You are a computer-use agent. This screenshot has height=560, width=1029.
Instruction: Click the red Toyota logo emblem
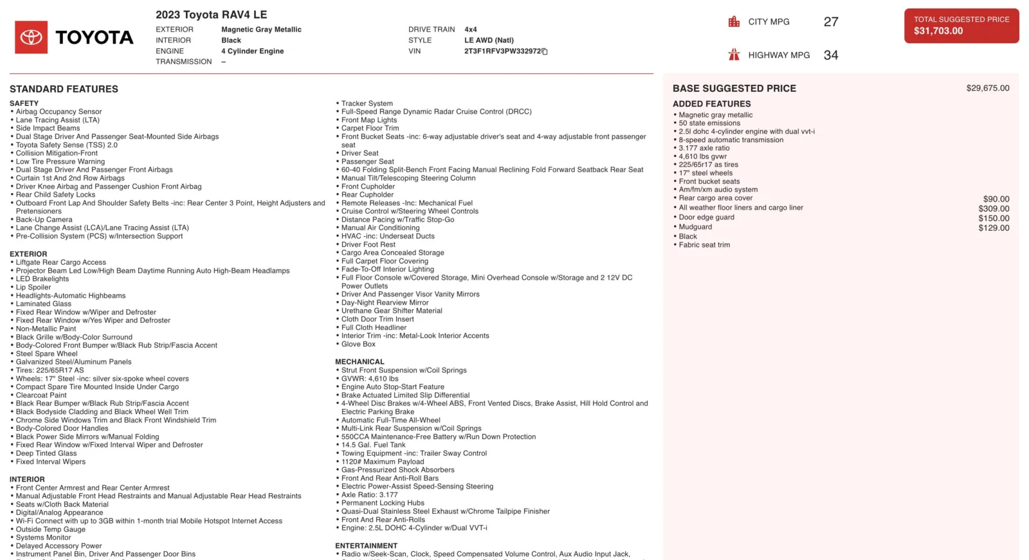[x=31, y=37]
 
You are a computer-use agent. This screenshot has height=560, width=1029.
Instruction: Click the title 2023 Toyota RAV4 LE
[x=211, y=15]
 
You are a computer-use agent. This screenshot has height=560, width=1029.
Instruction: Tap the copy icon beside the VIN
[x=545, y=51]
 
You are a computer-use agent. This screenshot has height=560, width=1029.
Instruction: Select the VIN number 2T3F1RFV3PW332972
[x=502, y=51]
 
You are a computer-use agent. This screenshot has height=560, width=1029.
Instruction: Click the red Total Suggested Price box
[x=961, y=26]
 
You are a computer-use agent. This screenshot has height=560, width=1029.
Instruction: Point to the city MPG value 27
[x=830, y=22]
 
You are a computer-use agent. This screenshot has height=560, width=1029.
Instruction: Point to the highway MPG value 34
[x=830, y=55]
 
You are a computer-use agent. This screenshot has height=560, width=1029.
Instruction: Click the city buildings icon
[x=734, y=22]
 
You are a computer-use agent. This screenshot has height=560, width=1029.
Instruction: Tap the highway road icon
[x=734, y=55]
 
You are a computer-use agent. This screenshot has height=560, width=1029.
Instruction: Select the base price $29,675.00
[x=987, y=88]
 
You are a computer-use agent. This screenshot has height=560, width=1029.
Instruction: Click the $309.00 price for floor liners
[x=994, y=208]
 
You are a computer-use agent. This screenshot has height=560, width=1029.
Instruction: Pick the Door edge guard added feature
[x=706, y=217]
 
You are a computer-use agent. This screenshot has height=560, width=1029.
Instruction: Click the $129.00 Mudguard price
[x=994, y=228]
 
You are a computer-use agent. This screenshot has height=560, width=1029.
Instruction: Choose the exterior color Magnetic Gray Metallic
[x=261, y=30]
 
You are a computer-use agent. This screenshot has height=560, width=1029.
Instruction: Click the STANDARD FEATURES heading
[x=64, y=89]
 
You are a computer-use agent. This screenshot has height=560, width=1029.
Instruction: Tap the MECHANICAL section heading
[x=360, y=362]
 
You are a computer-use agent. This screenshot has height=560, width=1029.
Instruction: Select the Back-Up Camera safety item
[x=44, y=220]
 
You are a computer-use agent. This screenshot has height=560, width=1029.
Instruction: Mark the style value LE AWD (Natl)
[x=489, y=41]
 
